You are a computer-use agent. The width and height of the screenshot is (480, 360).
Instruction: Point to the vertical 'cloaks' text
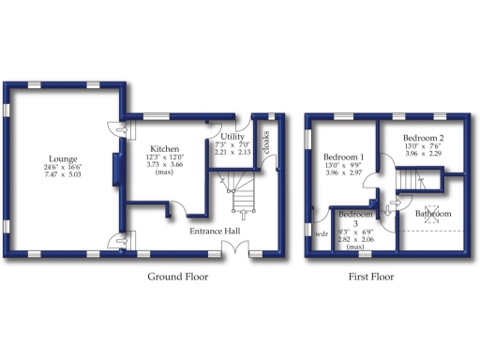265,142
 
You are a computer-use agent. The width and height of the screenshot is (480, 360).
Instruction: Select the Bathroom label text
433,214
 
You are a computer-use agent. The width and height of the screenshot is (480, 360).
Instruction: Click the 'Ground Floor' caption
178,277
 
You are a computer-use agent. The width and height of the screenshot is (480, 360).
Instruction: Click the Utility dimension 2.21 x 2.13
232,152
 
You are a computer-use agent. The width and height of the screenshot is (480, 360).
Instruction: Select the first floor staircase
410,179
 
